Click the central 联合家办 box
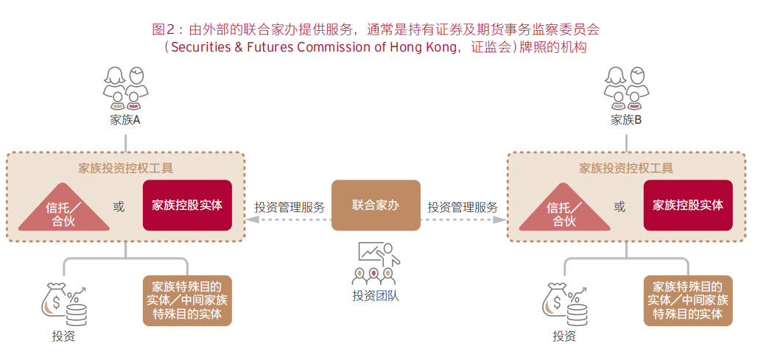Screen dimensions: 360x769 [376, 205]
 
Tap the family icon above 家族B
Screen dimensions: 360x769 [627, 88]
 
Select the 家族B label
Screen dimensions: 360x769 [627, 120]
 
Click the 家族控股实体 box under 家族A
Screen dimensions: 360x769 [187, 205]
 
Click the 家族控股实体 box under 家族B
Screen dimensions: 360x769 [688, 205]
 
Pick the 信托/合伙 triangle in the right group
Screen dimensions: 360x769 [563, 209]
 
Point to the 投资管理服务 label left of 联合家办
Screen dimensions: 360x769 [289, 207]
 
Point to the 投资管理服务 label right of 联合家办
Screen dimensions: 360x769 [463, 207]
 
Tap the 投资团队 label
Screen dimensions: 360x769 [376, 296]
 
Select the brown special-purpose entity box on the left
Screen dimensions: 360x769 [187, 300]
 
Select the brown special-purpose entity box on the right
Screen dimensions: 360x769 [688, 300]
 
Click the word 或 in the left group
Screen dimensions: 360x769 [119, 207]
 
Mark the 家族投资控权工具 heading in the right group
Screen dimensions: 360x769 [626, 168]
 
